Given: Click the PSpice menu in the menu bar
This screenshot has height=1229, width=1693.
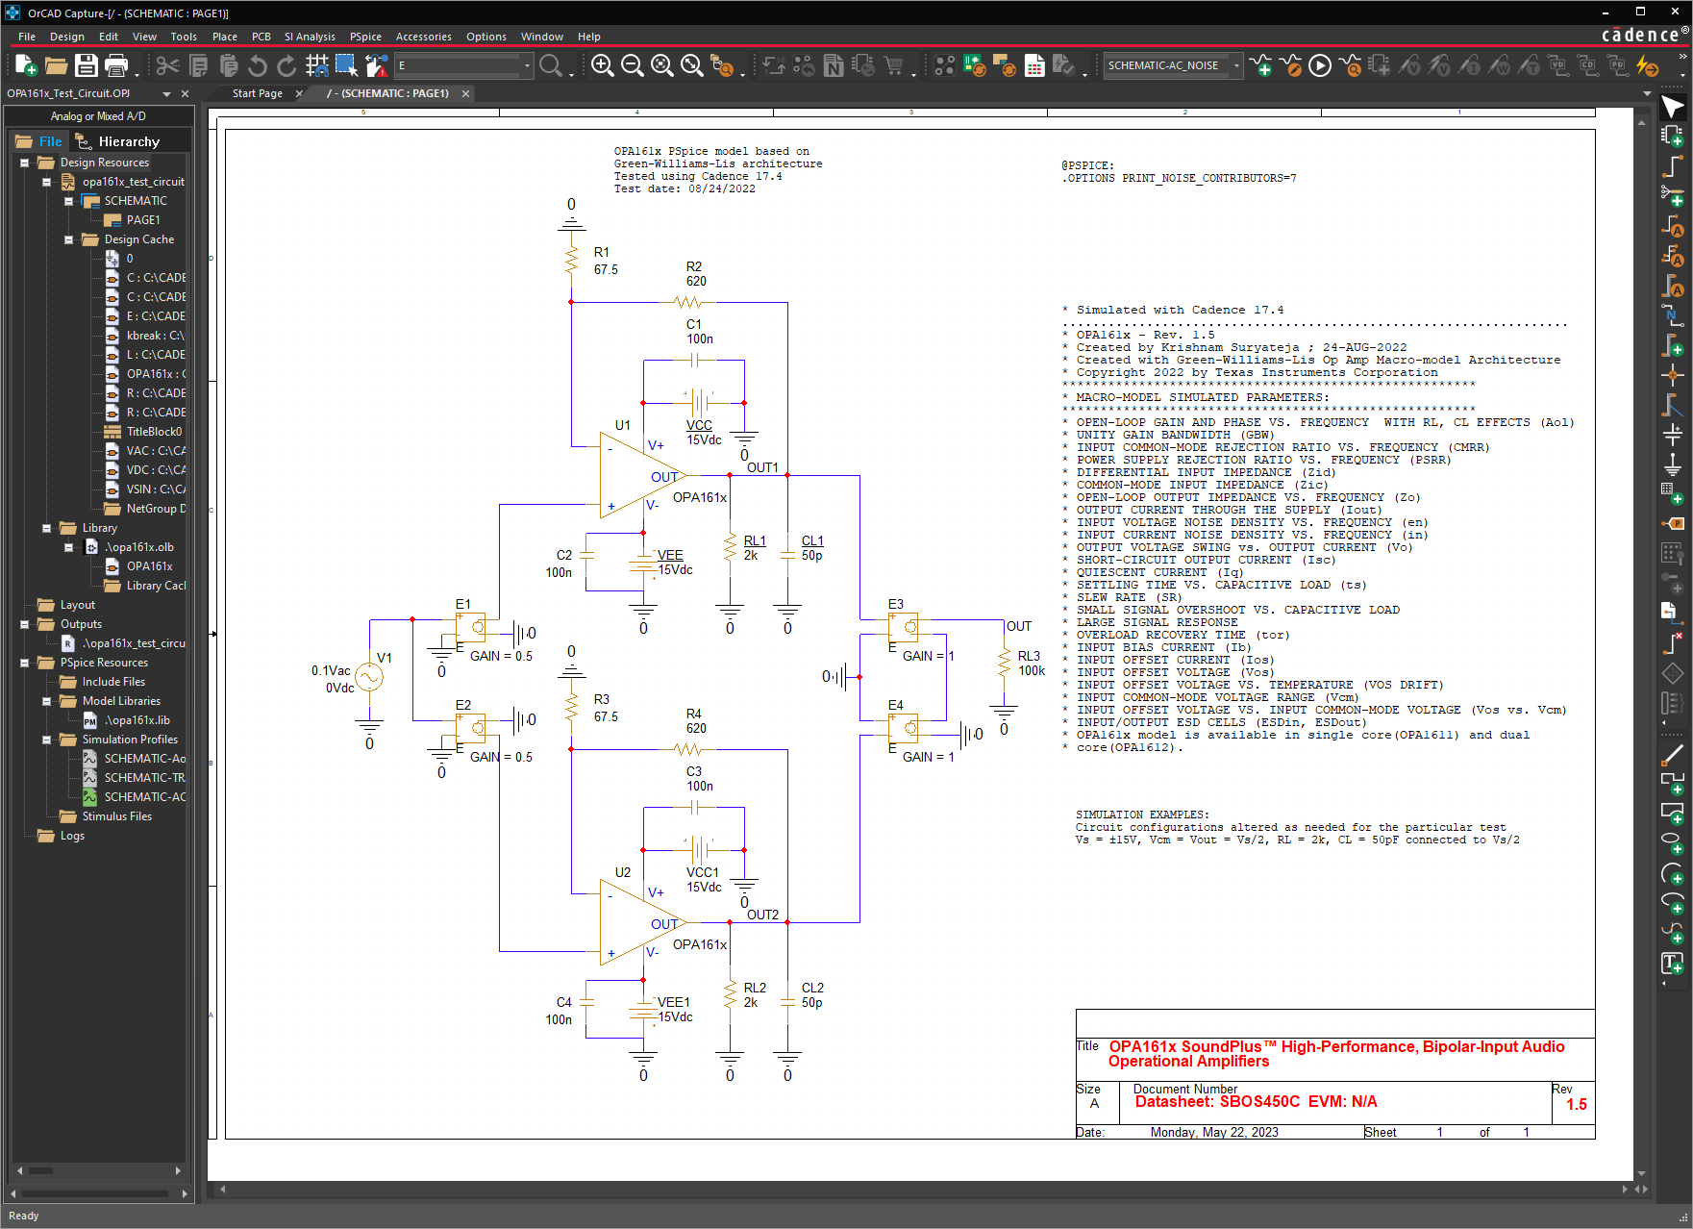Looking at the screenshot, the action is click(x=365, y=37).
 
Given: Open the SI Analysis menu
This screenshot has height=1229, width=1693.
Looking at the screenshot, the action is click(x=310, y=37).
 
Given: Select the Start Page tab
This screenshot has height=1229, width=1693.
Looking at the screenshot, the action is click(x=258, y=93).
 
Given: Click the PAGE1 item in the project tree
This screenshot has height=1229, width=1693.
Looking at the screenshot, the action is click(x=143, y=220).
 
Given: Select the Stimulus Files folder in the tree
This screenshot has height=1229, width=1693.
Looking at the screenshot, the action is click(x=116, y=816).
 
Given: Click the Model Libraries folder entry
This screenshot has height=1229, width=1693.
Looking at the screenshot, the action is click(x=121, y=701).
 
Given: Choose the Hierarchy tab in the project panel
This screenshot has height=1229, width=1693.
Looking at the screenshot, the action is click(x=129, y=141).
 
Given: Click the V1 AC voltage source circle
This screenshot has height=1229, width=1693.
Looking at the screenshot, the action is click(x=369, y=677).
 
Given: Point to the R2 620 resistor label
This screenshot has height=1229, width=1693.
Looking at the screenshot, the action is click(x=696, y=274).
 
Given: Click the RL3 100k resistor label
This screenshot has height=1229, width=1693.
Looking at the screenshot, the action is click(x=1031, y=664).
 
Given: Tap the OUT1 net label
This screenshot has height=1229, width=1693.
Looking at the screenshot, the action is click(x=762, y=467).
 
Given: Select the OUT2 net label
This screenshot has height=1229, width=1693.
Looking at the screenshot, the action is click(x=762, y=915).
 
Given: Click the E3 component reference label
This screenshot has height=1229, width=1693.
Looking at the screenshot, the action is click(x=896, y=604).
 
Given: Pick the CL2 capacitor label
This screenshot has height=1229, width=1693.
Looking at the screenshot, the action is click(x=812, y=988).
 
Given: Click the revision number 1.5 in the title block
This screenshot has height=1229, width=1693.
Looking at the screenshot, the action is click(x=1577, y=1105).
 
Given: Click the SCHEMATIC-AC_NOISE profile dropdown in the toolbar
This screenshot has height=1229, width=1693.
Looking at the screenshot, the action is click(x=1172, y=65).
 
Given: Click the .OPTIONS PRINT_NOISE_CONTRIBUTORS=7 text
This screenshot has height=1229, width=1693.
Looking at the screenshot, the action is click(x=1179, y=178).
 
